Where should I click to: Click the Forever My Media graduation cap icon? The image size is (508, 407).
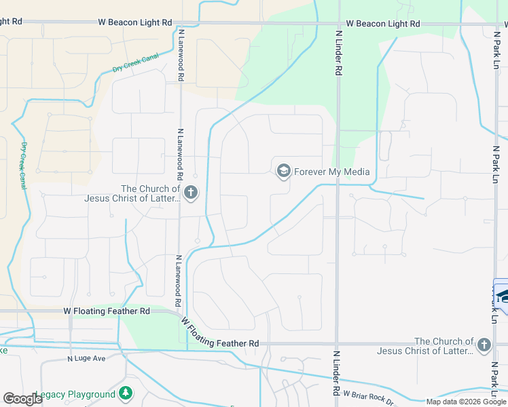(283, 171)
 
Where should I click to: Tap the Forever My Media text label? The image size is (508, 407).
(331, 172)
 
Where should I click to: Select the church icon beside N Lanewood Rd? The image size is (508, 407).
(191, 193)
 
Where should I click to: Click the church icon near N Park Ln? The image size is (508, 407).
(484, 346)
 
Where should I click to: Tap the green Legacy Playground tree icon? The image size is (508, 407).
(125, 393)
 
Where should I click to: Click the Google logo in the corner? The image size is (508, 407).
(22, 398)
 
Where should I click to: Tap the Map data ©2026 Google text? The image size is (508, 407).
(466, 402)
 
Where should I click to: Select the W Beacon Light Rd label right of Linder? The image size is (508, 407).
(383, 24)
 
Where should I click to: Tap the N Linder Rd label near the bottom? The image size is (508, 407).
(336, 372)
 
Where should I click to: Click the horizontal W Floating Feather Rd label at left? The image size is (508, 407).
(107, 311)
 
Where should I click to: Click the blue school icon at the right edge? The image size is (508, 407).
(502, 296)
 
